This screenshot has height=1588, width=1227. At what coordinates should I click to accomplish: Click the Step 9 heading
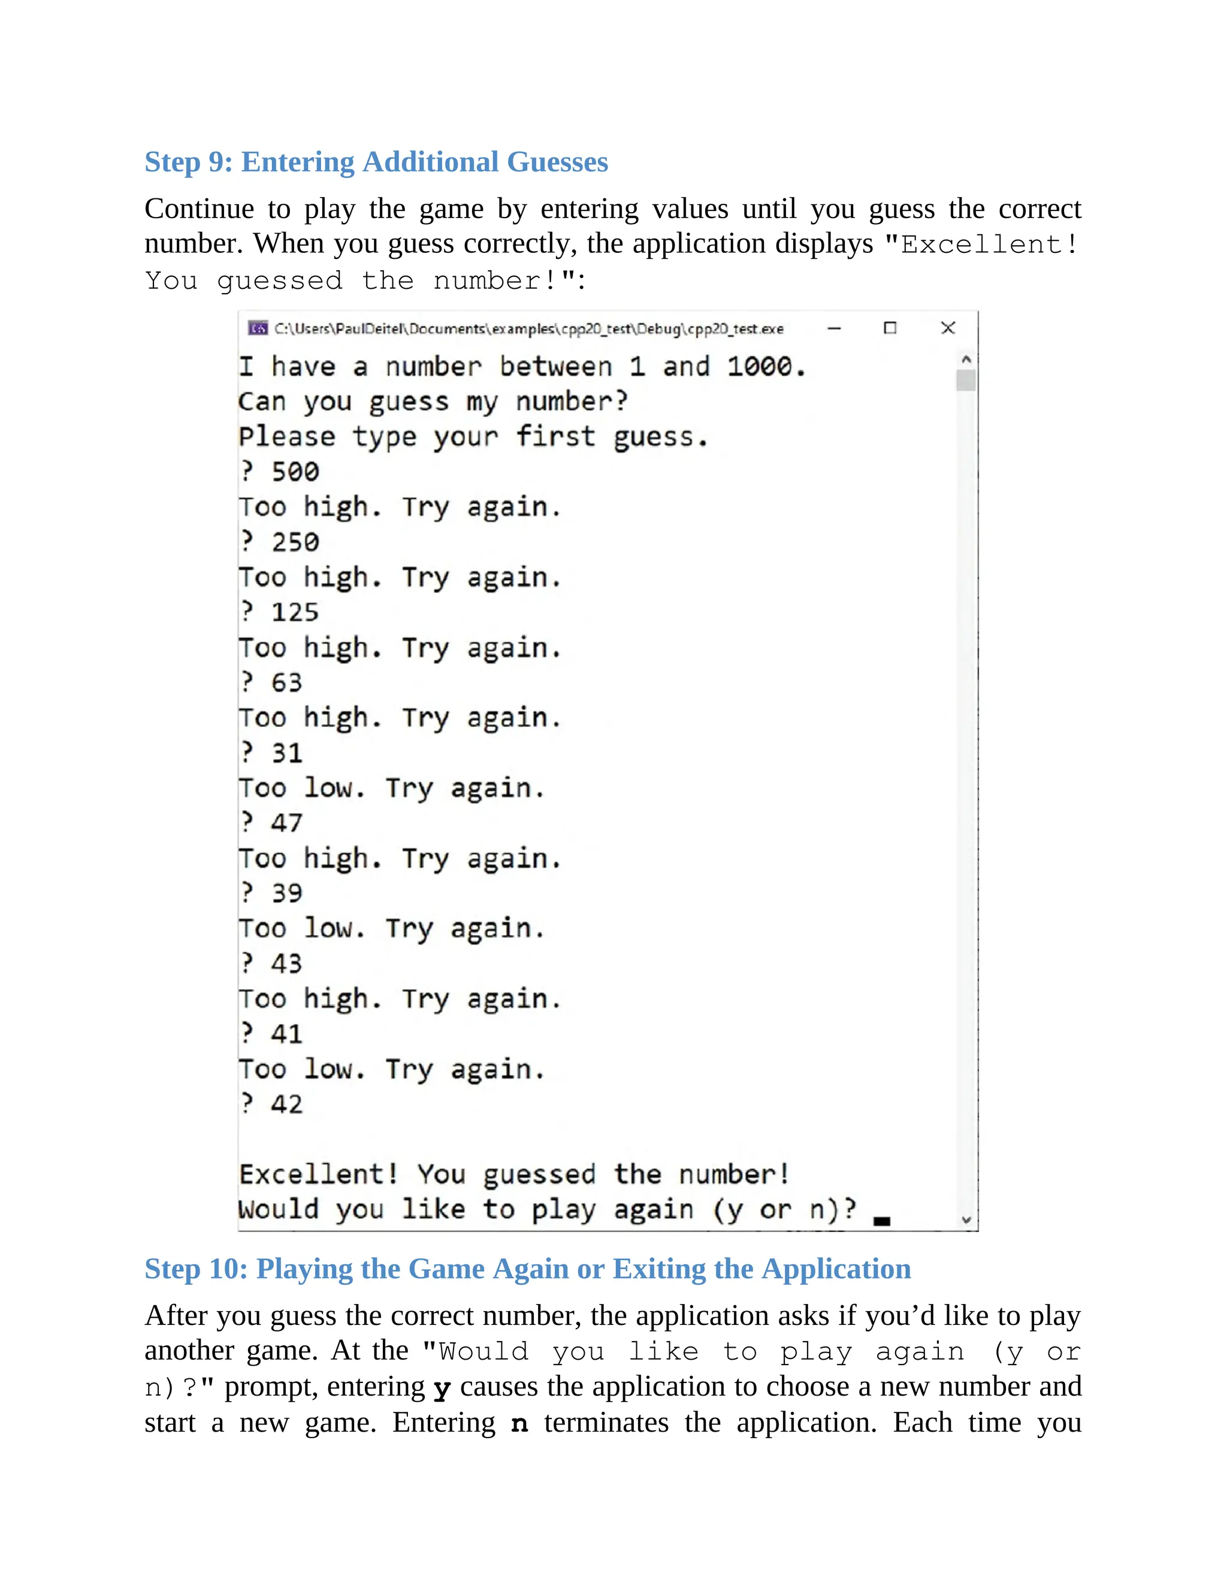[376, 161]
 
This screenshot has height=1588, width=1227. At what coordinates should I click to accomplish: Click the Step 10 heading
[527, 1269]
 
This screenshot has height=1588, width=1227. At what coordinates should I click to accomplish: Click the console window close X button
[948, 328]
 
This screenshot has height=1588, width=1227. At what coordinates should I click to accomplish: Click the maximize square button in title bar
[890, 328]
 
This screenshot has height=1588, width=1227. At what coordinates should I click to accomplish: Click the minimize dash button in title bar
[834, 328]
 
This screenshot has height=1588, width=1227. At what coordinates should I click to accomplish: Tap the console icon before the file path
[257, 328]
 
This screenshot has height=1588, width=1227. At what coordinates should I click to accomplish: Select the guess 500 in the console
[295, 472]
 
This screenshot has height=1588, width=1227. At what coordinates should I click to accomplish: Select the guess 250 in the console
[295, 542]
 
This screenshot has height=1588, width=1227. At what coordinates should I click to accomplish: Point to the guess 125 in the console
[295, 612]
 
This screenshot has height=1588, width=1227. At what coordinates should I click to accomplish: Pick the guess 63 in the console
[286, 683]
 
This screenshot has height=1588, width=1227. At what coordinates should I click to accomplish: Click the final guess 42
[286, 1104]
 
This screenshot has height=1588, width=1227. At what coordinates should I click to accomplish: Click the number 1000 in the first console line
[760, 367]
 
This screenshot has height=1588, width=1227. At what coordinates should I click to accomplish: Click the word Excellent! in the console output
[318, 1175]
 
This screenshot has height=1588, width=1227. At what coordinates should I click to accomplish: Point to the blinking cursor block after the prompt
[882, 1221]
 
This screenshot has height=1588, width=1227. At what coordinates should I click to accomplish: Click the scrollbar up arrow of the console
[966, 359]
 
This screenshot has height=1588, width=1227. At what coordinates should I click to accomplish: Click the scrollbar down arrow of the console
[966, 1220]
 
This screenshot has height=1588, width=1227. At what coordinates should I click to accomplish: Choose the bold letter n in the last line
[519, 1424]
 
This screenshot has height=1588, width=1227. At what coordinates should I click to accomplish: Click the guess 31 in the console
[286, 753]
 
